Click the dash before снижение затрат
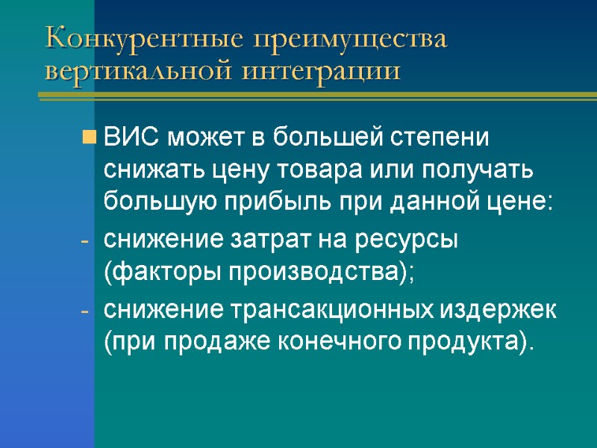(x=85, y=242)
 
